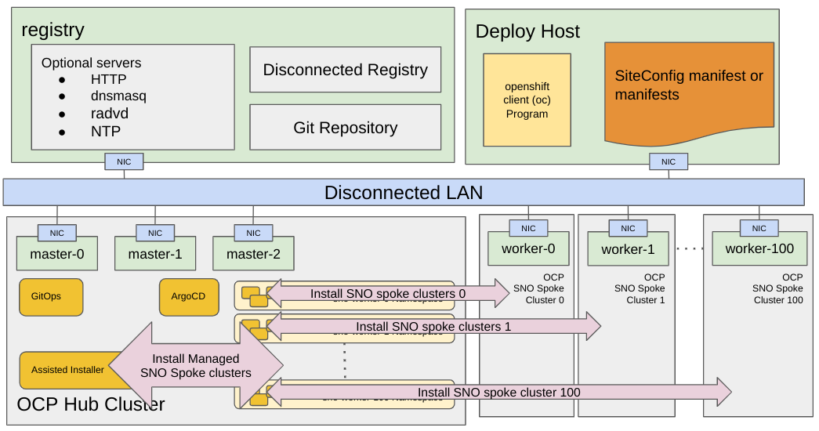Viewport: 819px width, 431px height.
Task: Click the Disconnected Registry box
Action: click(x=345, y=70)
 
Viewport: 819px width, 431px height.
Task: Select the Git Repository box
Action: click(x=345, y=127)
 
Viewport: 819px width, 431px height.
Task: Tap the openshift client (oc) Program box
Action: click(x=527, y=100)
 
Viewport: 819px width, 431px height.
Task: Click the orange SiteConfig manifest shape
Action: click(x=689, y=90)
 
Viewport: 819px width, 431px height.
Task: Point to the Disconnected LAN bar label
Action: click(x=404, y=192)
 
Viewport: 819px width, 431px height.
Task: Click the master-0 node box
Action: click(x=57, y=254)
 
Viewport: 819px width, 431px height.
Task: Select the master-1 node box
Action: click(x=155, y=254)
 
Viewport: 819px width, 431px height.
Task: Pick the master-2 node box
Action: click(x=253, y=254)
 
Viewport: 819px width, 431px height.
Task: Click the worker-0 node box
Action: click(x=528, y=248)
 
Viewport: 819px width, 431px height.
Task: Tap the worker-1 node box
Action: click(x=628, y=249)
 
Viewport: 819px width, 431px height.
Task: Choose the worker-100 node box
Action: click(x=759, y=248)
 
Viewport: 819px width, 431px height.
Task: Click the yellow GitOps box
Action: click(x=51, y=297)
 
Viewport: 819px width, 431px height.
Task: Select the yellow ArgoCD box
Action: click(x=188, y=297)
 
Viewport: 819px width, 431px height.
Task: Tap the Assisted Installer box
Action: click(x=67, y=370)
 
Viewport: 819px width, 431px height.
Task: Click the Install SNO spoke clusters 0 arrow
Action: click(x=388, y=294)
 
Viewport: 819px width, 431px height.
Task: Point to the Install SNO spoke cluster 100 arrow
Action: click(x=498, y=392)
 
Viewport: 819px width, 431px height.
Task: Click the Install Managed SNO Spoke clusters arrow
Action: click(x=195, y=365)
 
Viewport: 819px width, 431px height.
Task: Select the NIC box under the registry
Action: click(x=124, y=161)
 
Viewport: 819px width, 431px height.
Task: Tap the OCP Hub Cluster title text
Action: click(x=91, y=404)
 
